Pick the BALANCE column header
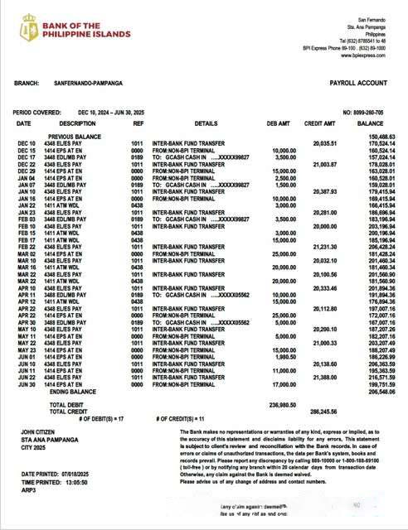(x=370, y=123)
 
